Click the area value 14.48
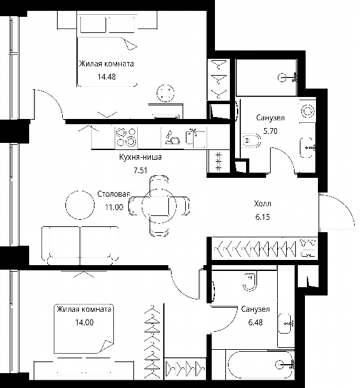pyautogui.click(x=107, y=77)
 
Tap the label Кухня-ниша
pyautogui.click(x=141, y=157)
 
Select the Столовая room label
pyautogui.click(x=114, y=194)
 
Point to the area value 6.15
pyautogui.click(x=263, y=217)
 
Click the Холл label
pyautogui.click(x=263, y=204)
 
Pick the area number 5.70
pyautogui.click(x=270, y=131)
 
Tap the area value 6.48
pyautogui.click(x=256, y=323)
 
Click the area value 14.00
pyautogui.click(x=84, y=323)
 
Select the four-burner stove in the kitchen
pyautogui.click(x=126, y=137)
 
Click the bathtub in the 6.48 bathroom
pyautogui.click(x=260, y=365)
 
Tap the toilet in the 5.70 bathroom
pyautogui.click(x=251, y=140)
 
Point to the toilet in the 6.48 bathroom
pyautogui.click(x=250, y=281)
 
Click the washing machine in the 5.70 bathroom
pyautogui.click(x=307, y=111)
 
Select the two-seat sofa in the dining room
pyautogui.click(x=80, y=246)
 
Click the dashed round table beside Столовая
pyautogui.click(x=80, y=205)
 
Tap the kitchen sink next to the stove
pyautogui.click(x=196, y=137)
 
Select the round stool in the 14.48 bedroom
pyautogui.click(x=165, y=93)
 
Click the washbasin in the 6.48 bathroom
pyautogui.click(x=286, y=323)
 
